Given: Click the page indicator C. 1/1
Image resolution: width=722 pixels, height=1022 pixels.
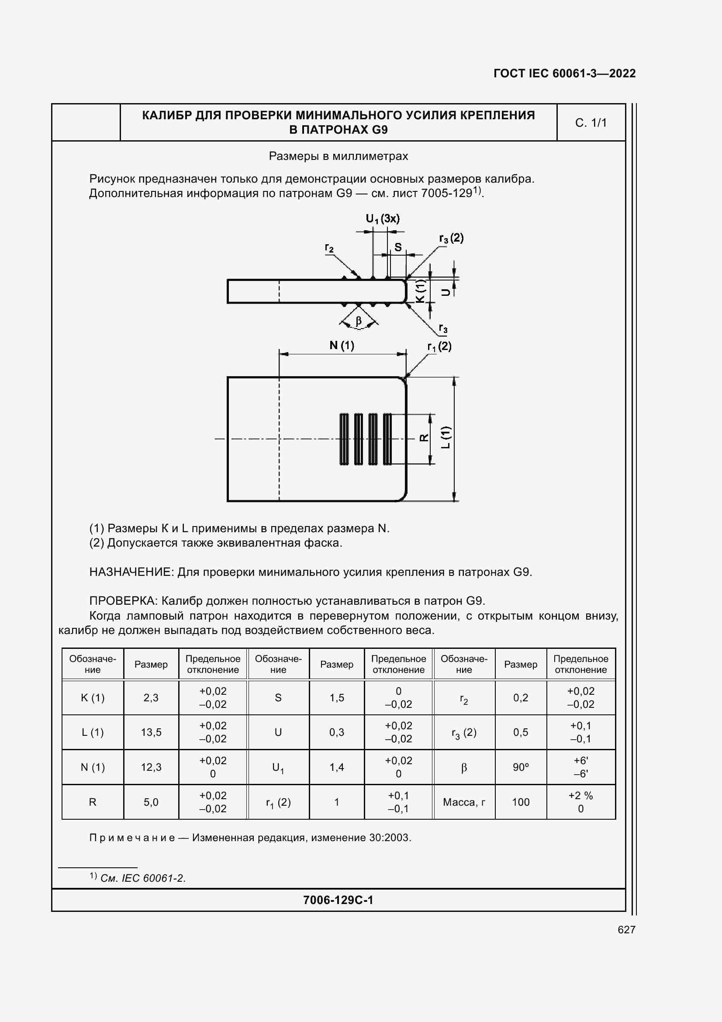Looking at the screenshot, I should [591, 123].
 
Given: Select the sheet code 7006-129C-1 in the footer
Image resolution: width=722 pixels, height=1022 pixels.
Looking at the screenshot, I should [338, 900].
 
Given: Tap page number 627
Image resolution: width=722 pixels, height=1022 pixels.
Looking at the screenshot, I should [626, 929].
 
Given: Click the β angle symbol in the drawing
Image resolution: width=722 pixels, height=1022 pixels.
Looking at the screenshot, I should [359, 321].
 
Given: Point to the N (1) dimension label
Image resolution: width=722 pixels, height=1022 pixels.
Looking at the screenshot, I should [342, 346].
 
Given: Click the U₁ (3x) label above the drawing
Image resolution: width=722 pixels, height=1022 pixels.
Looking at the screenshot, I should [383, 218].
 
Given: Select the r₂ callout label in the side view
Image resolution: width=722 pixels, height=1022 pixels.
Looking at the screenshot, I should [329, 248].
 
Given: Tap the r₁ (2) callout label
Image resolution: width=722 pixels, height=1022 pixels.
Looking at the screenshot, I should [439, 347].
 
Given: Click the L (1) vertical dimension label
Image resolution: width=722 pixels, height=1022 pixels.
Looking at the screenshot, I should [446, 437].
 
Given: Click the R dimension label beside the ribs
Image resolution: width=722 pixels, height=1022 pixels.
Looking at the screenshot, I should [424, 438].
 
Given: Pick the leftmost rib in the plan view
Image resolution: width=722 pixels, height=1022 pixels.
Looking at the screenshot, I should [344, 439].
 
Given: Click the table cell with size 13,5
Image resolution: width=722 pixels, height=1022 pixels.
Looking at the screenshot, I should [151, 732].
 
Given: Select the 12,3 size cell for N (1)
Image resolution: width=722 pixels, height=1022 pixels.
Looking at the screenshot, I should [151, 767].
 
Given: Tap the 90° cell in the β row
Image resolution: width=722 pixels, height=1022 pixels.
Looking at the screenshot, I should [521, 767].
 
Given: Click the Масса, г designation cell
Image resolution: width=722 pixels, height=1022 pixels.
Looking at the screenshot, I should [463, 802].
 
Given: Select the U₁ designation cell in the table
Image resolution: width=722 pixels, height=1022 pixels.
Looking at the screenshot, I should [278, 767].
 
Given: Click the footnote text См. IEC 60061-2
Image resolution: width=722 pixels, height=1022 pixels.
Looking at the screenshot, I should [143, 878].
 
